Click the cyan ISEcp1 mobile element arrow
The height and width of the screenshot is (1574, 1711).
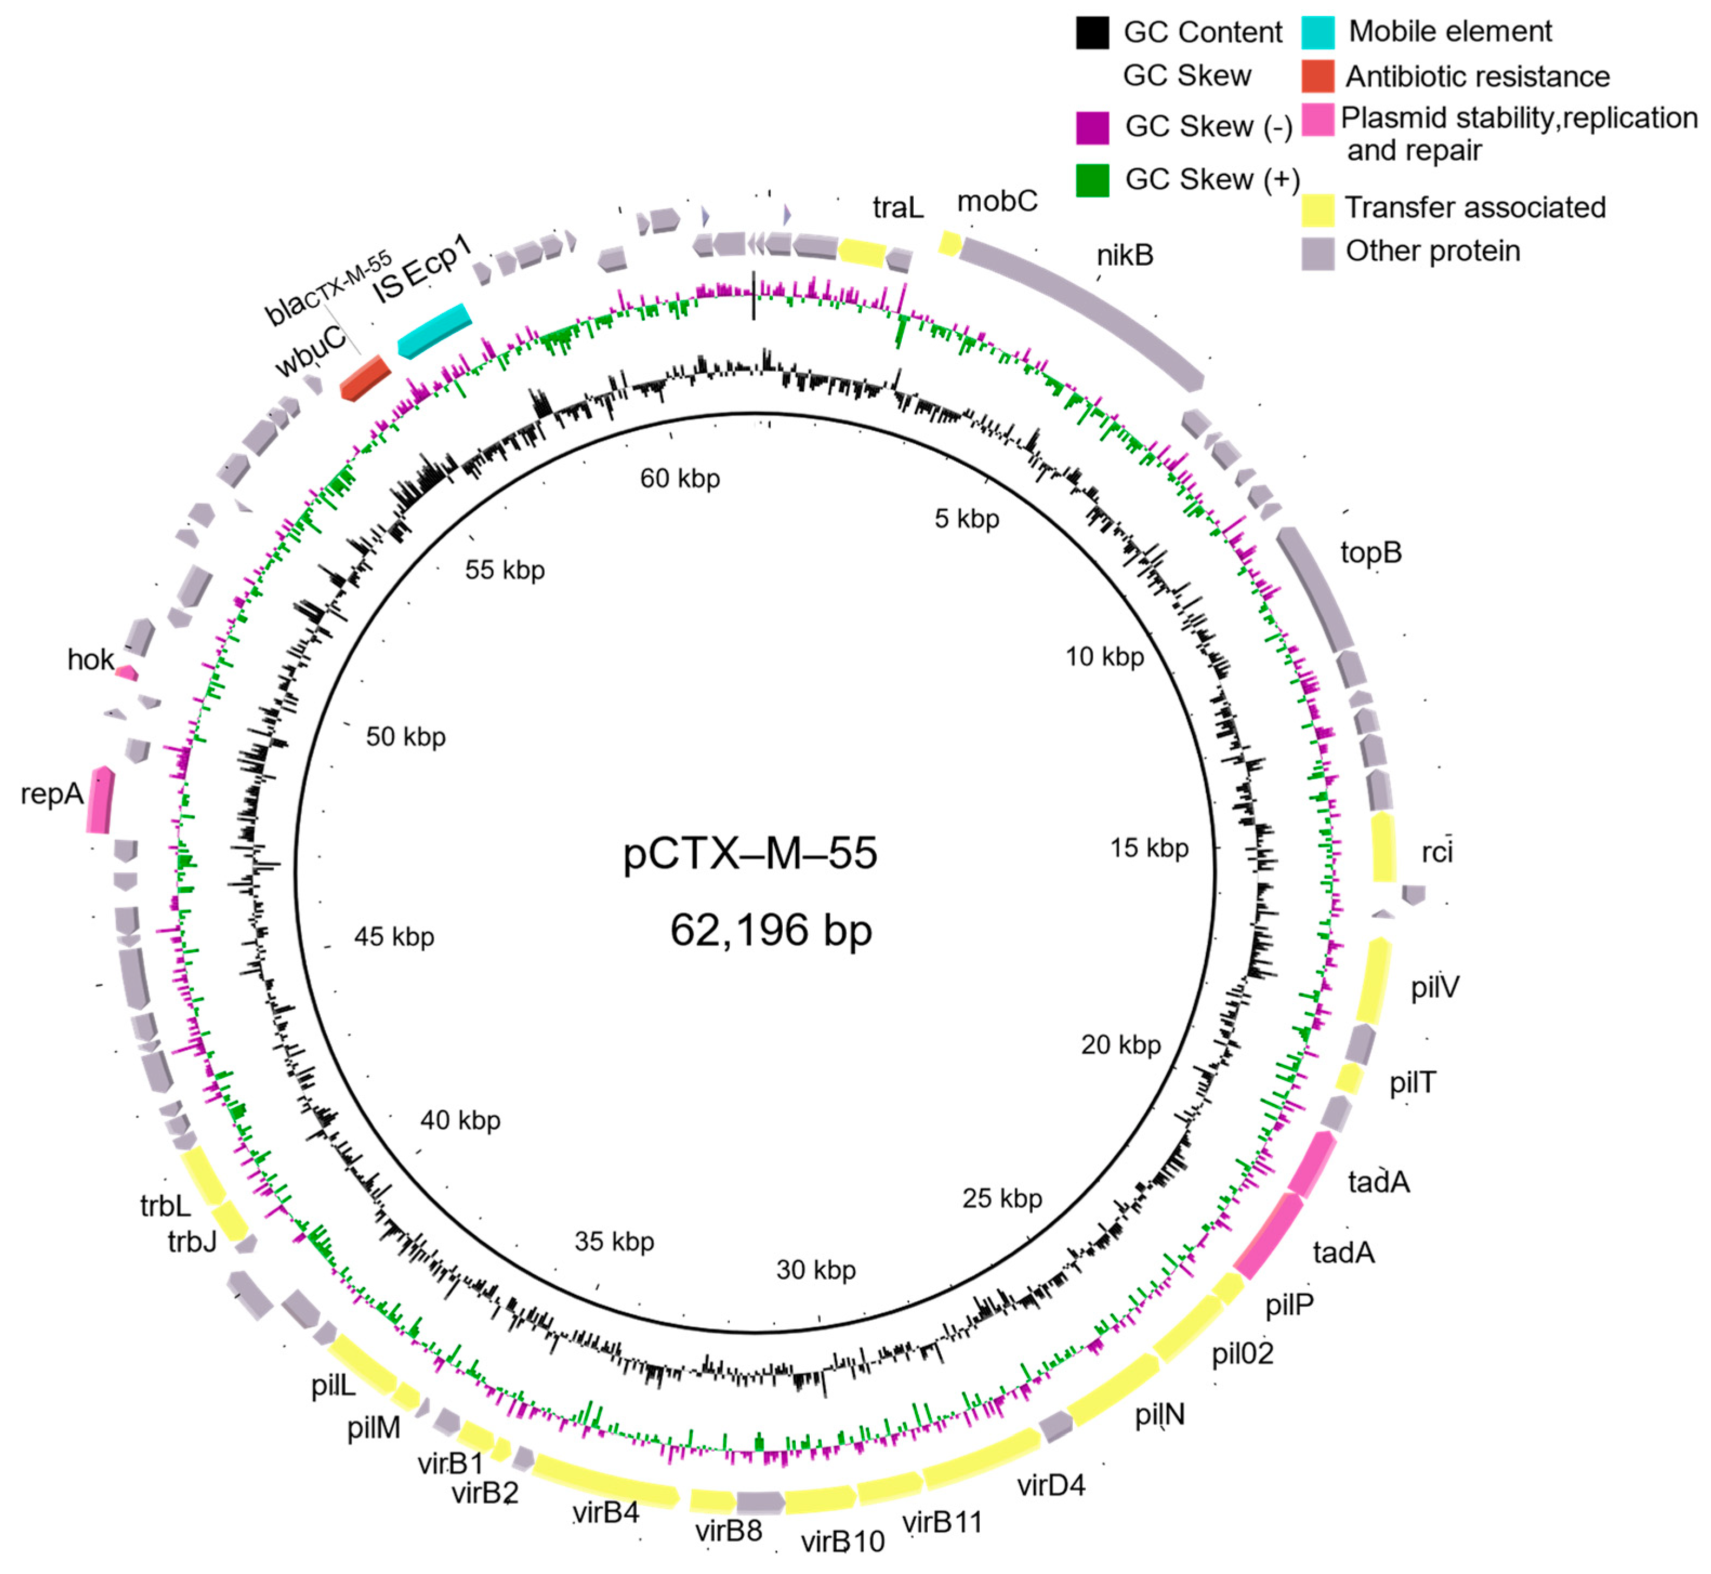click(434, 331)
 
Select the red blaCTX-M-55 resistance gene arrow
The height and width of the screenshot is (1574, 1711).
click(365, 377)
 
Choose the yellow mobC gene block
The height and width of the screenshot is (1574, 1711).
click(949, 243)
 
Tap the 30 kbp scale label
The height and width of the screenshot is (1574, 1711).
click(815, 1270)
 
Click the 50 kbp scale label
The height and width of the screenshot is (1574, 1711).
click(405, 737)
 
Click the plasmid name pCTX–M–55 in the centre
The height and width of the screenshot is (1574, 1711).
click(749, 853)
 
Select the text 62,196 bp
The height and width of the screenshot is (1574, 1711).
click(771, 929)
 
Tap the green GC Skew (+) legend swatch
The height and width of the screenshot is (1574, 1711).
click(1092, 180)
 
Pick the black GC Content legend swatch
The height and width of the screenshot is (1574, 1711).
click(1092, 32)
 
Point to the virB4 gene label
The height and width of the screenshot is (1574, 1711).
click(605, 1513)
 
